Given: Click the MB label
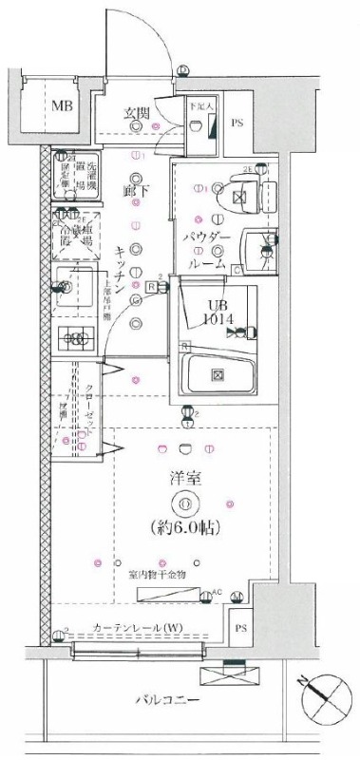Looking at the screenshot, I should click(62, 105).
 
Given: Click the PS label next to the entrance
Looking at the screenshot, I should click(237, 123).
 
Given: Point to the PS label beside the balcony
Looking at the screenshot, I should click(242, 628).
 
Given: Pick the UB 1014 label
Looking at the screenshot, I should click(200, 311).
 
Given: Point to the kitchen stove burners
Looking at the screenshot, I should click(71, 335).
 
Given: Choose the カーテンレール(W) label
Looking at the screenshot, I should click(138, 628).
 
